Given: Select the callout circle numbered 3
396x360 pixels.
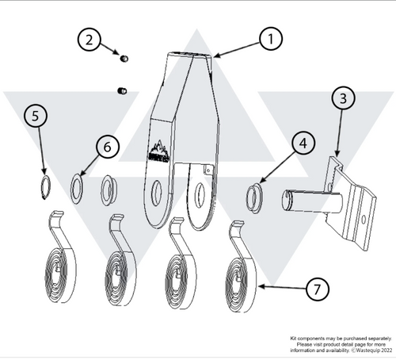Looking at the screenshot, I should [x=342, y=100].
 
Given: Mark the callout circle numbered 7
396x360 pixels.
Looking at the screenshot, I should [x=316, y=290].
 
